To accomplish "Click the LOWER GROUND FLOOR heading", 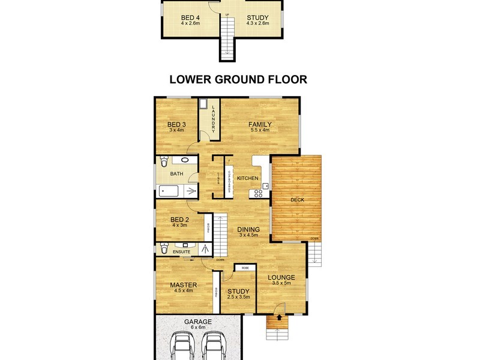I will tap(238, 79).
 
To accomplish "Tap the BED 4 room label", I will tap(190, 17).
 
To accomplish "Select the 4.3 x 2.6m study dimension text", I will tap(258, 23).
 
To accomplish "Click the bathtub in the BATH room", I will tap(171, 192).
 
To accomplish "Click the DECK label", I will tap(298, 200).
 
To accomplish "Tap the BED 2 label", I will tap(180, 219).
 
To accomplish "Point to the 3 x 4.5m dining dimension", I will tap(248, 236).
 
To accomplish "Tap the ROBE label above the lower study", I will tap(245, 268).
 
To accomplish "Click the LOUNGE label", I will tap(281, 277).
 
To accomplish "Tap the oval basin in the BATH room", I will tap(185, 161).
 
